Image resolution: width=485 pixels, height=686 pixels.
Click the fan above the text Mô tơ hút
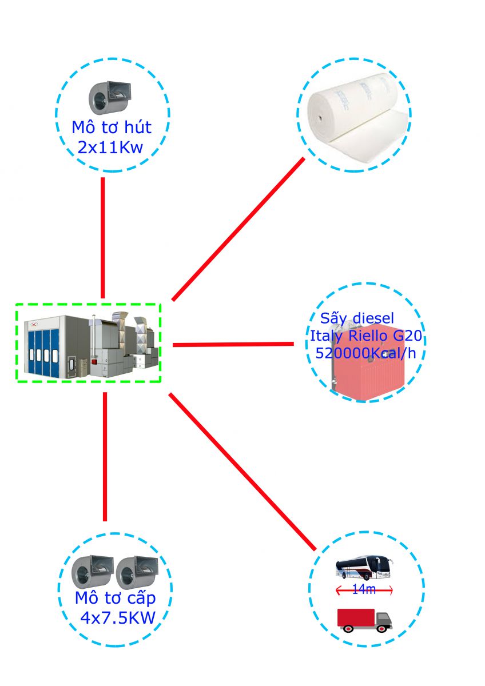point(109,98)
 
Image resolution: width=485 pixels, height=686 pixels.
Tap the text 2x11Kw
point(110,148)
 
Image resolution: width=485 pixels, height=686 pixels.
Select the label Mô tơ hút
point(112,126)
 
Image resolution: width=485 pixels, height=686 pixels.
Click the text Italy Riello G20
point(366,336)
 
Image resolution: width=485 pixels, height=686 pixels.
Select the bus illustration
point(364,569)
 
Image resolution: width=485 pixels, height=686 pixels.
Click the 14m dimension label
point(364,590)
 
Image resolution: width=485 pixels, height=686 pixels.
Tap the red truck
point(364,619)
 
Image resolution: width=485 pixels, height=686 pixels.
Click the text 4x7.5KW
point(118,618)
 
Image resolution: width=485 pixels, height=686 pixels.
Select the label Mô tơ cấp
point(115,599)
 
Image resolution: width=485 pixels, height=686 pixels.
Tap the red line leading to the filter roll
point(238,229)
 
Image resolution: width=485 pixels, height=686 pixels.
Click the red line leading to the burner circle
point(233,345)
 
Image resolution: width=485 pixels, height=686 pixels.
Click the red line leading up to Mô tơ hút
point(103,237)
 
